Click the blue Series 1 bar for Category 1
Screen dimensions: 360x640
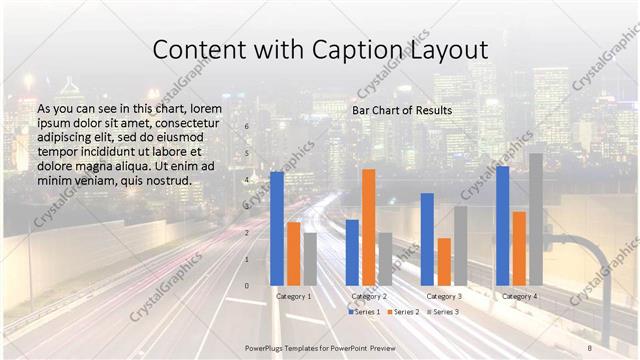(277, 229)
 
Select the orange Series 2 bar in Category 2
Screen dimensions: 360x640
(369, 227)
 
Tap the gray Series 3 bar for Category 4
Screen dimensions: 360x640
(536, 219)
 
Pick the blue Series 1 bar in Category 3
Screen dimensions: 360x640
(427, 239)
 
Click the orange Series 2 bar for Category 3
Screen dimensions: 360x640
(444, 261)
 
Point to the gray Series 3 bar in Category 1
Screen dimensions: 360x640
(310, 259)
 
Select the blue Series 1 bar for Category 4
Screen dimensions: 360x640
(502, 226)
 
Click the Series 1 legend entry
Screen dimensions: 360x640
(365, 312)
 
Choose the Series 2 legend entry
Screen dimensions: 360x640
(404, 312)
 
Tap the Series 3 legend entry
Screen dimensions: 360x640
(443, 312)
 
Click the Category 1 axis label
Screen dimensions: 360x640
(293, 296)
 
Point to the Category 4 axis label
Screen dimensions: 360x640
(519, 296)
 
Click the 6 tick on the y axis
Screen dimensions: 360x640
(247, 127)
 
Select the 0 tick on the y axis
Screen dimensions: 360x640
(247, 286)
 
